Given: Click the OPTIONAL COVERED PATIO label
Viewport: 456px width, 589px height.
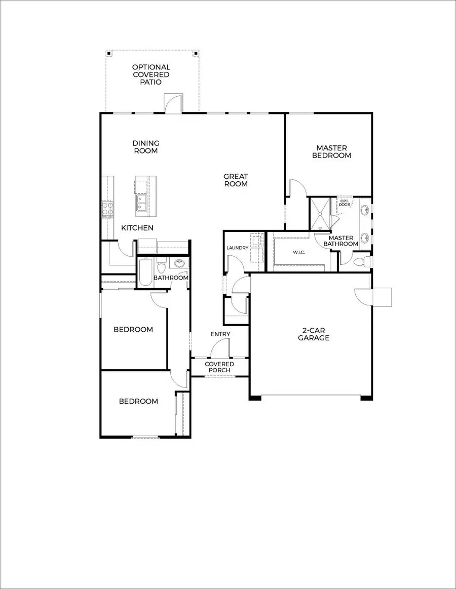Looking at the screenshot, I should pos(151,74).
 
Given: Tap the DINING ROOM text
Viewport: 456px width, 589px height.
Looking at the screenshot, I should pos(146,147).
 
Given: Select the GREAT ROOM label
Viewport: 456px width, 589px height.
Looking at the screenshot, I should pos(236,180).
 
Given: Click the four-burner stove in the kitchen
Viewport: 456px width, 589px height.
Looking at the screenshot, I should pos(107,208).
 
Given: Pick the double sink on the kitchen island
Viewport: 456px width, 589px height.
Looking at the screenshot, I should pos(141,203).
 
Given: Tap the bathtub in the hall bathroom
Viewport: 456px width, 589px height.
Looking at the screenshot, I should pos(145,273).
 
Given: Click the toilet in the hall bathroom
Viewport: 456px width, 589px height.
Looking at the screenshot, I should pos(162,264).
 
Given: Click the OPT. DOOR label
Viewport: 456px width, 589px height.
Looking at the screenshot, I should pos(345,203).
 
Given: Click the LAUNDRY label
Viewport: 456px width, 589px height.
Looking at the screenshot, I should pos(237,248).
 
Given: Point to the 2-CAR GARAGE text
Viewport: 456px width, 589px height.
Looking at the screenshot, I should pos(314,334).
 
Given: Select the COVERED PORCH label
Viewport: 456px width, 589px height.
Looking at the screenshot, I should pos(219,367).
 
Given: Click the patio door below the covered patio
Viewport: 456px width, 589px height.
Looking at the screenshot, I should pos(172,103).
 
